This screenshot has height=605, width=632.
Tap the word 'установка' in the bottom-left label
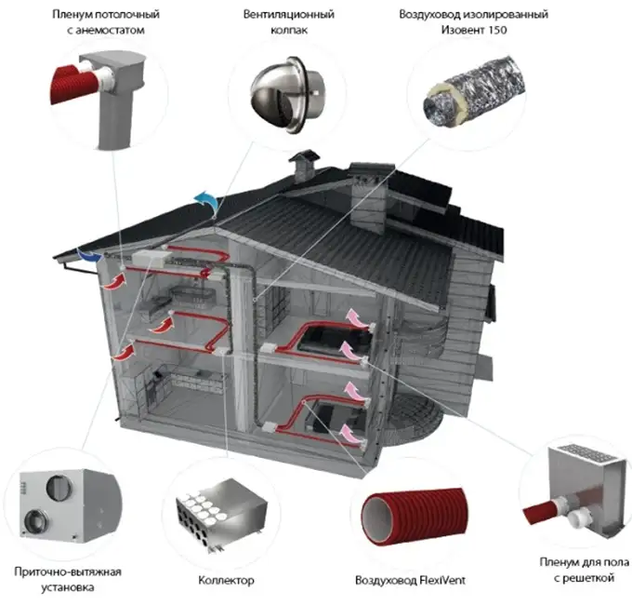[x=69, y=588]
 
